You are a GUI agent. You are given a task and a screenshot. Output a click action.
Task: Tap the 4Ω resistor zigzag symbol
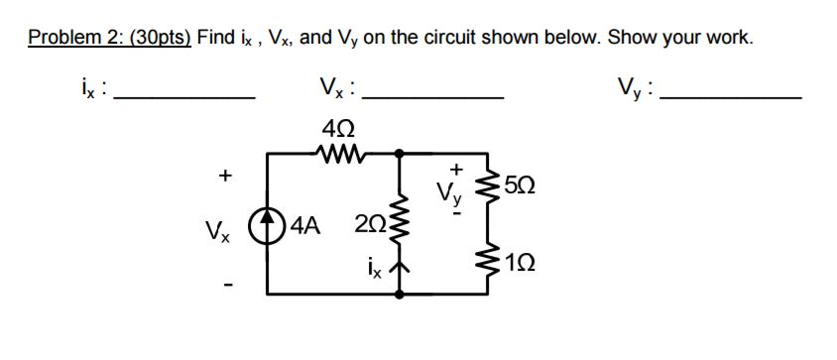pyautogui.click(x=338, y=153)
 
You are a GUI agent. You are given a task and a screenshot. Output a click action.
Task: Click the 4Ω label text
pyautogui.click(x=338, y=128)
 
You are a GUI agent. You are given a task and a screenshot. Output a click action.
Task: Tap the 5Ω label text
pyautogui.click(x=520, y=185)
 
